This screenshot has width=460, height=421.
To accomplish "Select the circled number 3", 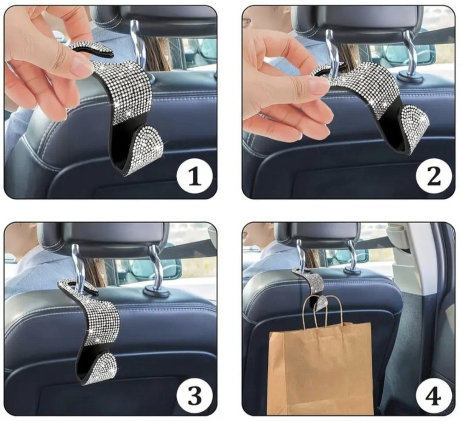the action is tap(195, 396).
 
